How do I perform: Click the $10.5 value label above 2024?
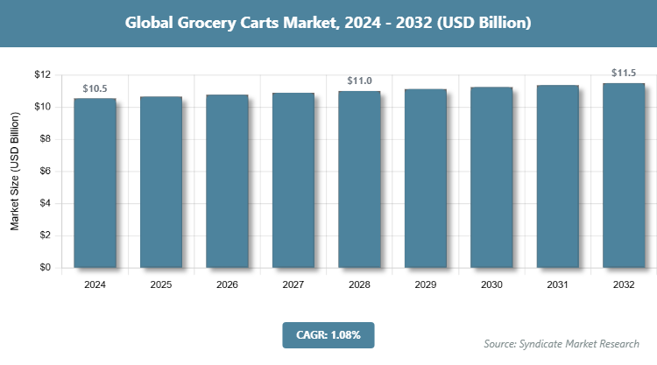[x=95, y=88]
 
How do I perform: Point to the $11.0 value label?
[x=360, y=81]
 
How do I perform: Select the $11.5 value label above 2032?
[x=625, y=73]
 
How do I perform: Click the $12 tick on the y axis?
[x=40, y=74]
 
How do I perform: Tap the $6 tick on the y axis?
[x=43, y=172]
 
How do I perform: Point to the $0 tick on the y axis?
[x=43, y=268]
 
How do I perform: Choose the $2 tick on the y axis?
[x=43, y=235]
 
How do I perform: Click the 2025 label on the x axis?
[x=161, y=285]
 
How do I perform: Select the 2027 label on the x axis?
[x=293, y=285]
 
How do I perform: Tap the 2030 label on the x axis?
[x=492, y=285]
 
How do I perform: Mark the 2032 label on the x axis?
[x=625, y=285]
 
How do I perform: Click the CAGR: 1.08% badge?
[x=328, y=334]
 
